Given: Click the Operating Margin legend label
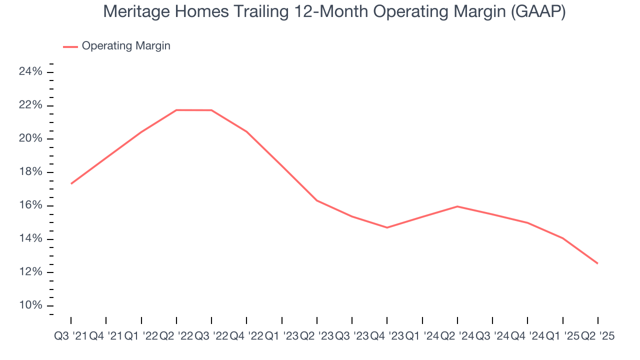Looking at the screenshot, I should coord(126,46).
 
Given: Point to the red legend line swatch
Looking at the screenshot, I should coord(70,46).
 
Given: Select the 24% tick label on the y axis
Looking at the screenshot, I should coord(30,72).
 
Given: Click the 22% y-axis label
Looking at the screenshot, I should coord(30,105).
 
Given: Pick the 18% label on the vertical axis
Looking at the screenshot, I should coord(30,172).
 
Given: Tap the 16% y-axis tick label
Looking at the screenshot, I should coord(30,206).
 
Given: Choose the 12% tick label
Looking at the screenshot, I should coord(30,272).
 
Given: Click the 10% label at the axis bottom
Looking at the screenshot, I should coord(30,306).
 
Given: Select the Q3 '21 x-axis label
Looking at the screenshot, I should coord(70,336).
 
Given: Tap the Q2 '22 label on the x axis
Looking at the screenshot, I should coord(176,336).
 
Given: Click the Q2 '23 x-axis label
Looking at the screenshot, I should coord(317,336).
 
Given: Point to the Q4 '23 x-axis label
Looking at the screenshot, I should coord(387,336).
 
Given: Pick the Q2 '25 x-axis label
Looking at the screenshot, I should coord(597,336).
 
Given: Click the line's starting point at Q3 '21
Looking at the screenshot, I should coord(71,183).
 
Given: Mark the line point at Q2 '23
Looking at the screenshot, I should coord(317,200).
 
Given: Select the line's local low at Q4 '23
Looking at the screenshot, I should coord(387,227).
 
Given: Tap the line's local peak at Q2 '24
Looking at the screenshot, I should coord(457,206).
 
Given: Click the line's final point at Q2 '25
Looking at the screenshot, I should coord(597,263).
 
